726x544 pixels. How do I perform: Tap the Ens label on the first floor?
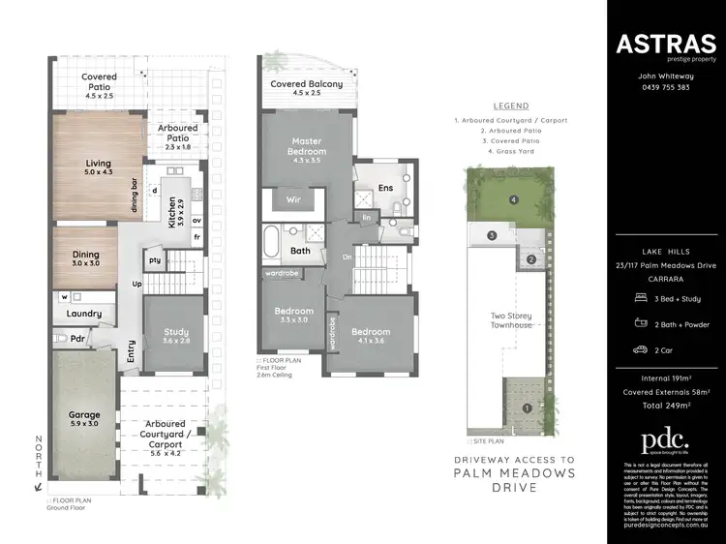pyautogui.click(x=385, y=188)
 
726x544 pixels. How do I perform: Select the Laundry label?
pyautogui.click(x=84, y=314)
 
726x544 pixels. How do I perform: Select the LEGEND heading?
pyautogui.click(x=510, y=105)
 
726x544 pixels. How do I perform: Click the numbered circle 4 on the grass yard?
pyautogui.click(x=514, y=201)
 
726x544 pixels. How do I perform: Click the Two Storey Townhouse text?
pyautogui.click(x=510, y=319)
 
